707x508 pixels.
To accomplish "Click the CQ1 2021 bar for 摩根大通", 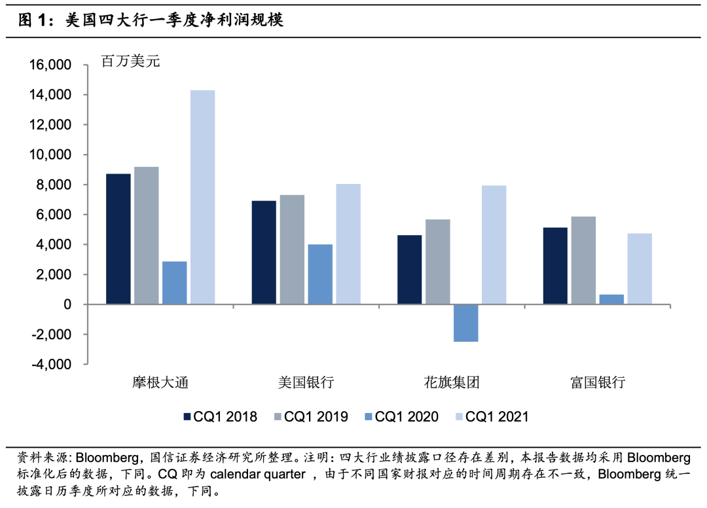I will (x=202, y=197).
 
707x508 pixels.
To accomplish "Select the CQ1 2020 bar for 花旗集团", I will (x=465, y=323).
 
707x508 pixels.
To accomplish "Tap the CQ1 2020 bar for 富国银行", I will (x=611, y=299).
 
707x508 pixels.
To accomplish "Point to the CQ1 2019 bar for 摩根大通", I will (x=146, y=236).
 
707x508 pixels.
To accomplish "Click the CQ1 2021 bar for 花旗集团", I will (x=494, y=245).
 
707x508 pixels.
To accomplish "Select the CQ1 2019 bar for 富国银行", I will (x=583, y=261).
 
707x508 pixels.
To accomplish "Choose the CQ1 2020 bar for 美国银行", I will (x=320, y=274).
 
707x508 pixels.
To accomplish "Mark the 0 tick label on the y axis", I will (x=67, y=304).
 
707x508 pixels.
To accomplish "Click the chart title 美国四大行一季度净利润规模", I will (x=174, y=20).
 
